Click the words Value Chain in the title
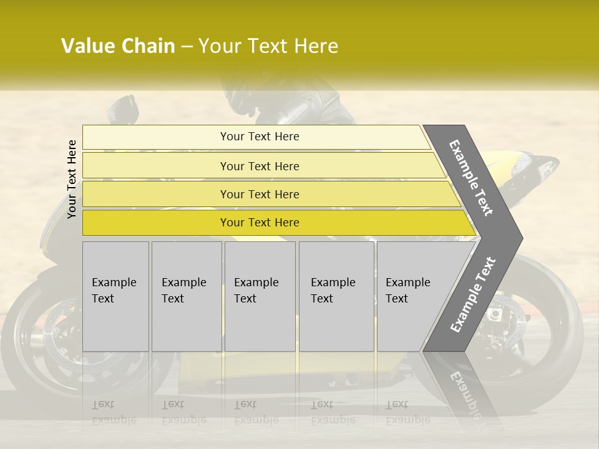[118, 46]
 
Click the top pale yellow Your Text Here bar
[260, 137]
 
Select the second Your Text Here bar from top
[260, 166]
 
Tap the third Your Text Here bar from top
[260, 194]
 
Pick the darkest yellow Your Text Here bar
[260, 223]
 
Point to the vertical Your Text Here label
[72, 179]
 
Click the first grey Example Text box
[115, 296]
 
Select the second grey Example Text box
[186, 296]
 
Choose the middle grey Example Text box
[260, 296]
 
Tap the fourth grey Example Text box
[336, 296]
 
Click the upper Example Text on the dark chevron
[471, 177]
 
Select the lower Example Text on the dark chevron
[472, 294]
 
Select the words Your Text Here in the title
[268, 46]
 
